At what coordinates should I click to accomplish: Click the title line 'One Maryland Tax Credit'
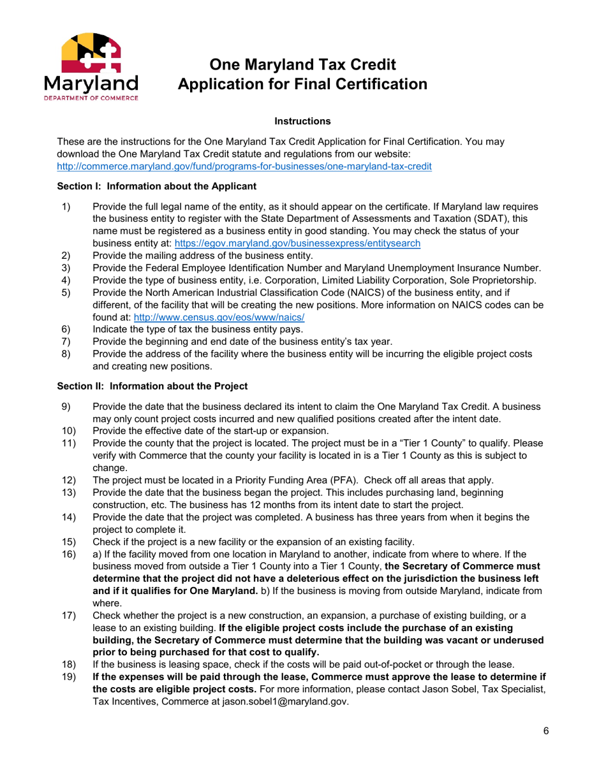[x=303, y=64]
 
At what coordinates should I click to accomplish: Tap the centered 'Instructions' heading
[x=302, y=121]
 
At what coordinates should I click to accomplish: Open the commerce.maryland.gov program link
[x=244, y=166]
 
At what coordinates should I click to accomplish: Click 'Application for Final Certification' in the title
[x=303, y=83]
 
